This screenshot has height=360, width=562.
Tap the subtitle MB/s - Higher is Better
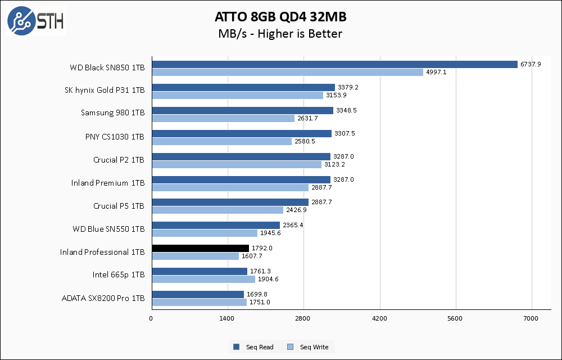pos(280,34)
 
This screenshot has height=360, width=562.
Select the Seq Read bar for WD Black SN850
pos(334,64)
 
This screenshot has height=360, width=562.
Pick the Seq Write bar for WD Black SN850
pos(287,72)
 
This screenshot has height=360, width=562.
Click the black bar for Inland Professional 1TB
pos(200,248)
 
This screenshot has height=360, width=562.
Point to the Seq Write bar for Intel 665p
pos(203,279)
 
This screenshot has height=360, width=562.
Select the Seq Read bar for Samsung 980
pos(242,110)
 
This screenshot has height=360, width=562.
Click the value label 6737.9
pos(531,64)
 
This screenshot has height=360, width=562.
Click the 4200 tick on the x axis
pos(379,319)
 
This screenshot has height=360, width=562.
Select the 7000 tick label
pos(531,319)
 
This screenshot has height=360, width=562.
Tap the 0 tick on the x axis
pos(151,319)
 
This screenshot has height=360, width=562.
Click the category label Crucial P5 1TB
pos(119,206)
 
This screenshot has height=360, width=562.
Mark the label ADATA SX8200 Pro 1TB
pos(103,298)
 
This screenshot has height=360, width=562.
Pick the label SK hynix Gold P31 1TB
pos(105,91)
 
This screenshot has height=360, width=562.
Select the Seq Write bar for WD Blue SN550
pos(205,233)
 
